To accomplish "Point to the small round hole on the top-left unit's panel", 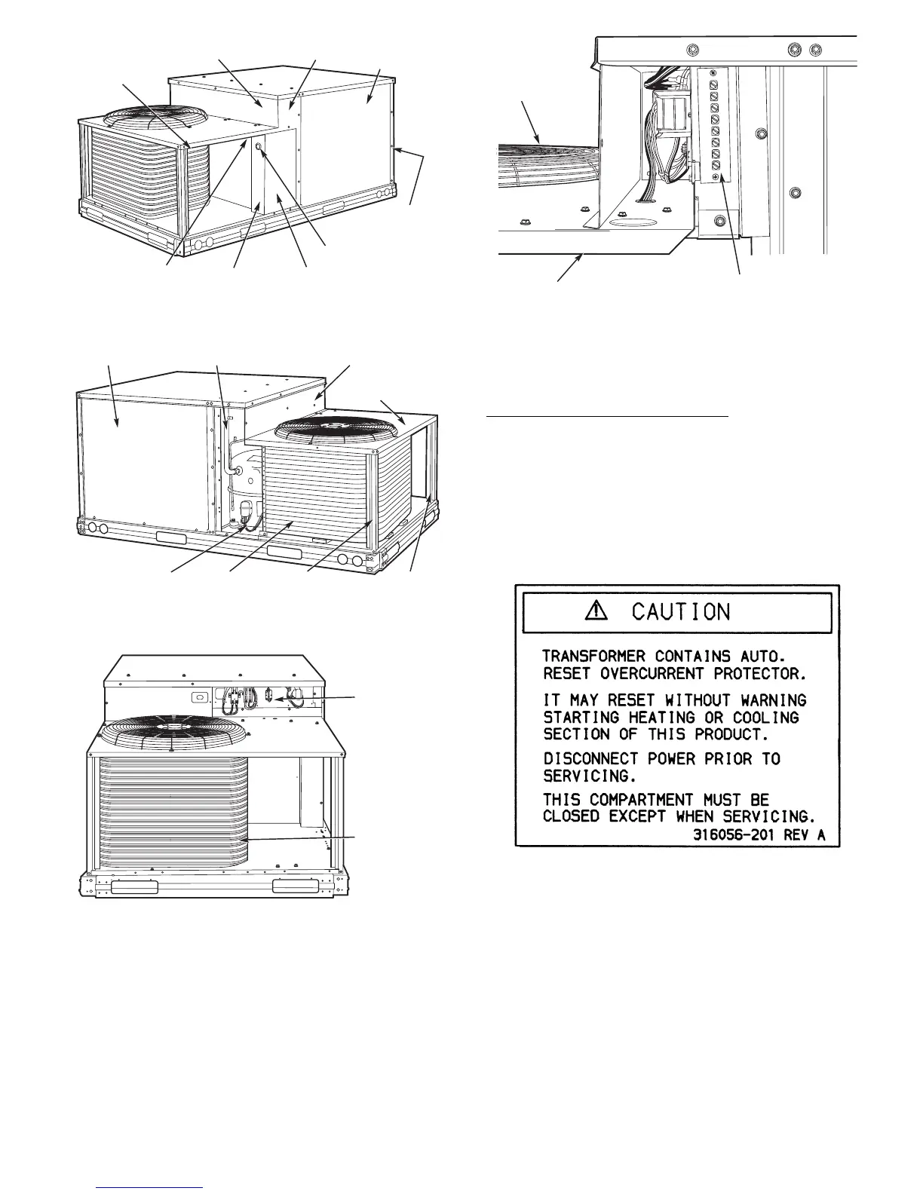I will click(x=259, y=149).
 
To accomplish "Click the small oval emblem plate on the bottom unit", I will click(x=201, y=697).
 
